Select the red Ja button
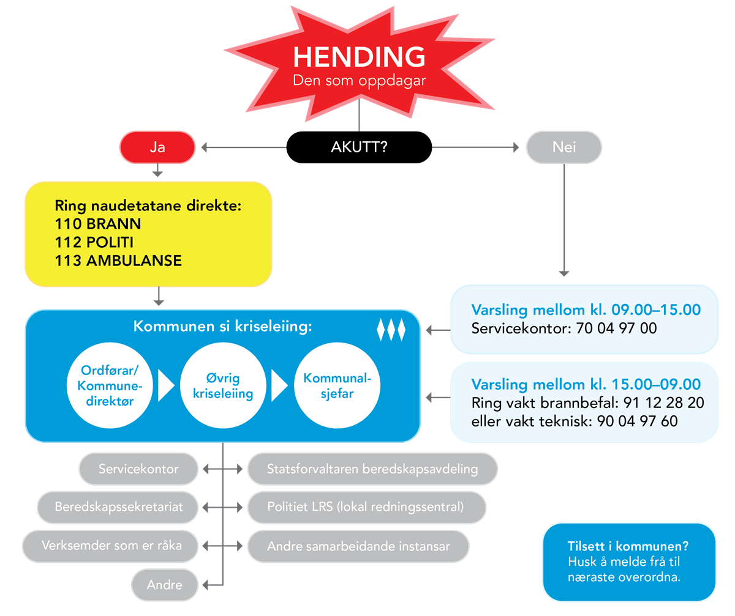point(157,148)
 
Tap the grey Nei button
point(563,148)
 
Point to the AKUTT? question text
point(359,148)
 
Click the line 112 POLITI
point(94,242)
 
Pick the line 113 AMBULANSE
point(118,261)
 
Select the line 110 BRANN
point(98,224)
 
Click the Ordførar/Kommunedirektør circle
point(104,386)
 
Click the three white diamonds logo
point(391,329)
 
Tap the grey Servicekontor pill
point(139,469)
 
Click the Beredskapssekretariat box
point(119,507)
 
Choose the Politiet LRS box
point(366,507)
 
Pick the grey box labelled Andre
point(165,585)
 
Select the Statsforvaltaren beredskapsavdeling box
point(372,469)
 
